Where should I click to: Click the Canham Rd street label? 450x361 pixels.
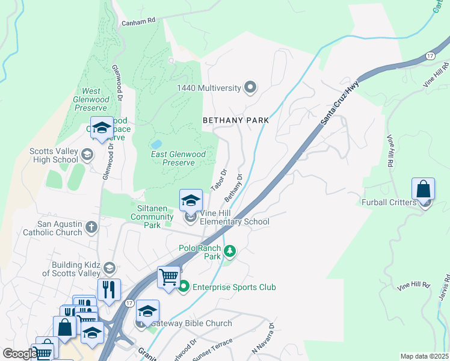click(x=138, y=20)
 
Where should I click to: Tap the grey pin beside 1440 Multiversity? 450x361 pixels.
click(x=251, y=88)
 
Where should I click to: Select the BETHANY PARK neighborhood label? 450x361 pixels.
click(x=235, y=120)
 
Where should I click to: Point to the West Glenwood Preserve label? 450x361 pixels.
click(x=91, y=103)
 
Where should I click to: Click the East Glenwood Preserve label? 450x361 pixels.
click(x=178, y=158)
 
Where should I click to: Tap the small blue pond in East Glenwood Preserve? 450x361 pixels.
click(x=156, y=144)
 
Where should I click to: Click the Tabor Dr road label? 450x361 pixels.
click(x=218, y=179)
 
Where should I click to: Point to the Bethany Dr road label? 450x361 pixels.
click(x=233, y=188)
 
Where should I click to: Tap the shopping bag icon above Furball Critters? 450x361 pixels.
click(x=424, y=189)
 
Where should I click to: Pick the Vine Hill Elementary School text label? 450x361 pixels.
click(x=234, y=217)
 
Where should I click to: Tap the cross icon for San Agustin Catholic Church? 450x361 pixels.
click(x=91, y=227)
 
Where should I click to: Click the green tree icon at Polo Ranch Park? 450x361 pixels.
click(x=229, y=250)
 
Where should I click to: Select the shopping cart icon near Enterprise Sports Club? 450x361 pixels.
click(x=169, y=277)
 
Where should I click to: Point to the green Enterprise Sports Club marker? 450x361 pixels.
click(x=184, y=287)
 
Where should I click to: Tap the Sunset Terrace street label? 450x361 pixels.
click(x=212, y=351)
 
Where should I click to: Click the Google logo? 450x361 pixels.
click(x=19, y=354)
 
